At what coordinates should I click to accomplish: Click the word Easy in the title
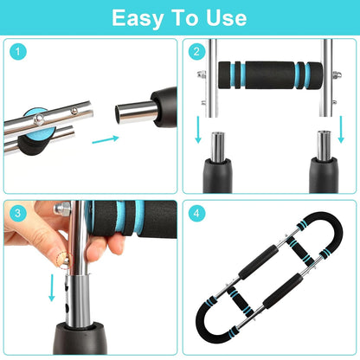138,18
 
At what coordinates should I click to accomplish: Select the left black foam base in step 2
220,170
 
